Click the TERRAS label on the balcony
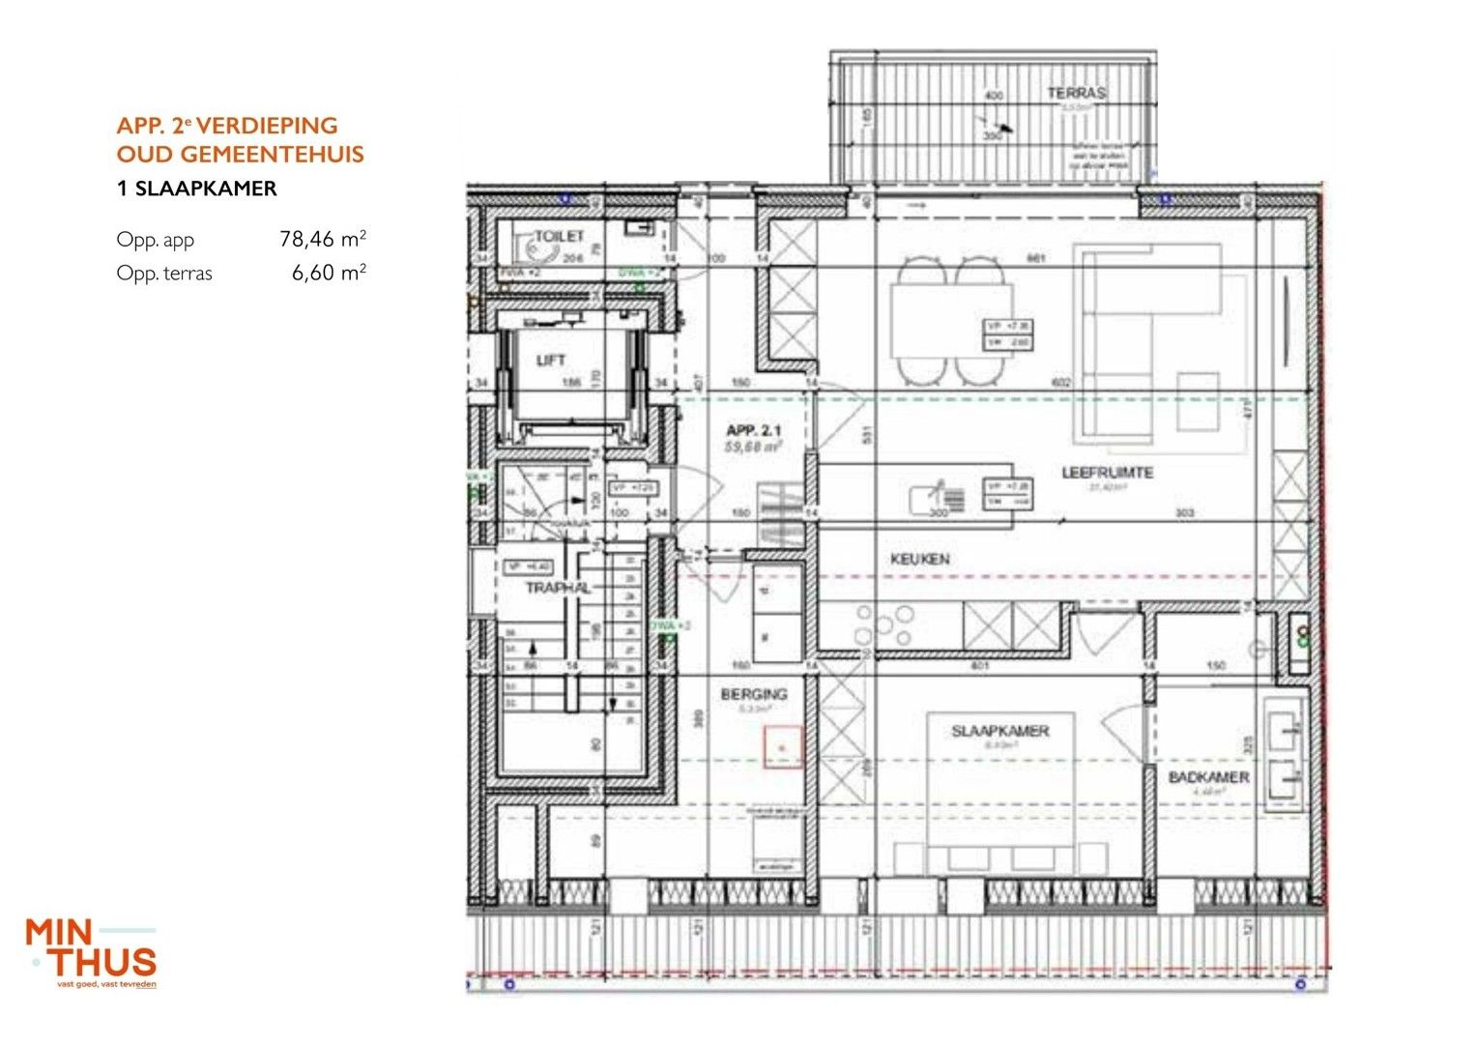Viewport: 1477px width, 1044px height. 1076,93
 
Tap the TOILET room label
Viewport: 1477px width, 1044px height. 560,236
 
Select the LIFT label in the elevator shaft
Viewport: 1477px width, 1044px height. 550,361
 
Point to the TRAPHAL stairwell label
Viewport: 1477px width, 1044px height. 557,588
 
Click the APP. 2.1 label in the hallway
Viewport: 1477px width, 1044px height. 753,430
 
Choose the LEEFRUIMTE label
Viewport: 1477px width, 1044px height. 1107,473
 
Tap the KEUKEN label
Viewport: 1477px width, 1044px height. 919,559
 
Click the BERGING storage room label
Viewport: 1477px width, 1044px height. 753,694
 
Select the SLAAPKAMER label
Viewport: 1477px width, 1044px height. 999,731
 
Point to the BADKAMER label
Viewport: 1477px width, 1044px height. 1208,777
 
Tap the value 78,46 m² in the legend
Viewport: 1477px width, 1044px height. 322,239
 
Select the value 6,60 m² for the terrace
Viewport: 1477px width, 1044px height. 328,273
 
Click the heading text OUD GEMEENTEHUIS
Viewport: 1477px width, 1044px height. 240,155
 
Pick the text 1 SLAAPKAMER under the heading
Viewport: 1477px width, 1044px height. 196,188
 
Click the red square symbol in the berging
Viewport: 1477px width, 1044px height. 783,748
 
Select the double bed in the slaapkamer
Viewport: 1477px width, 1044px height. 999,793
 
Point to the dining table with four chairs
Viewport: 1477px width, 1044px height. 952,320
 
